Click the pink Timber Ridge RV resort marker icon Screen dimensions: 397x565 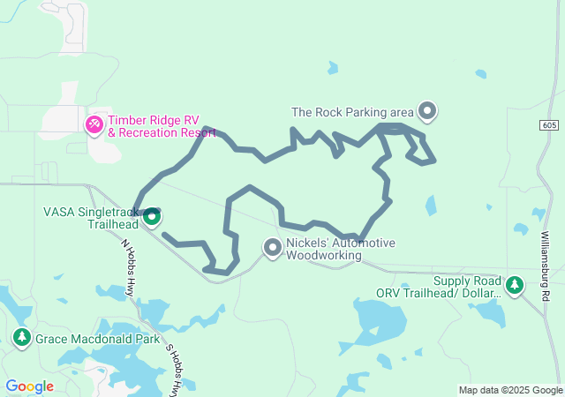point(94,126)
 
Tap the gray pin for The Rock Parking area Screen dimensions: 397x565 point(427,111)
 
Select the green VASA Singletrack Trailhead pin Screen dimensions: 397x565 point(152,216)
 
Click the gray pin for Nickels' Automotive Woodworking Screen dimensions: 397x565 point(273,249)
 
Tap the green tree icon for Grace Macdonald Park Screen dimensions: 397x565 point(22,338)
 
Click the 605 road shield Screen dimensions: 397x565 point(550,126)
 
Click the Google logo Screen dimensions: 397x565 point(29,386)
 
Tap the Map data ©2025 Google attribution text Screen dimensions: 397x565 point(509,390)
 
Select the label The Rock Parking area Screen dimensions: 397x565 point(352,112)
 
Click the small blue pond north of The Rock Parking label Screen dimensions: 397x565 point(332,67)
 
